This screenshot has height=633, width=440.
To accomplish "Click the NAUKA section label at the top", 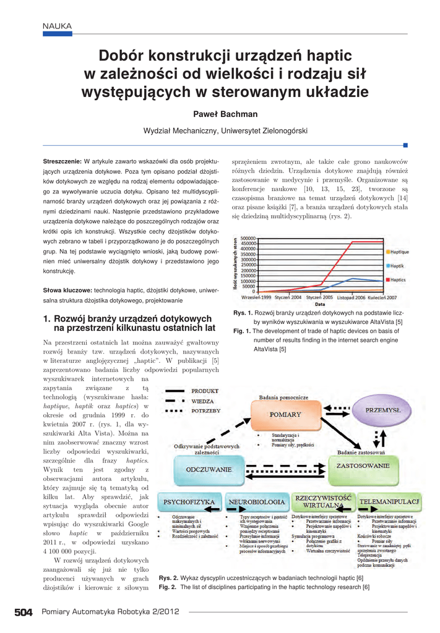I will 57,25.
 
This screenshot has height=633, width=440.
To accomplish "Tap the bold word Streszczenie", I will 63,161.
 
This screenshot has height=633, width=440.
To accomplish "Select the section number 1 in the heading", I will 46,318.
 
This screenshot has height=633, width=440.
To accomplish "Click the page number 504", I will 24,612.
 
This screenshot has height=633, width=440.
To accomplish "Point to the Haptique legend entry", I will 399,252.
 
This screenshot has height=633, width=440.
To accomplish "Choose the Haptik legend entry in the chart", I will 396,265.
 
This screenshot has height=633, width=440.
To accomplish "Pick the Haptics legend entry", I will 397,279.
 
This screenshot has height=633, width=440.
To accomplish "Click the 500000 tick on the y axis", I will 248,238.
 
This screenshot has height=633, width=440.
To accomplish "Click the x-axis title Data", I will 319,304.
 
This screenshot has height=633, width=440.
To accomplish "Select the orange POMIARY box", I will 285,414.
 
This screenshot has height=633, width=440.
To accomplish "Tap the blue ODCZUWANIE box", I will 209,469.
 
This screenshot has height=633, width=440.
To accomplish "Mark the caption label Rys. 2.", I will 168,577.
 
